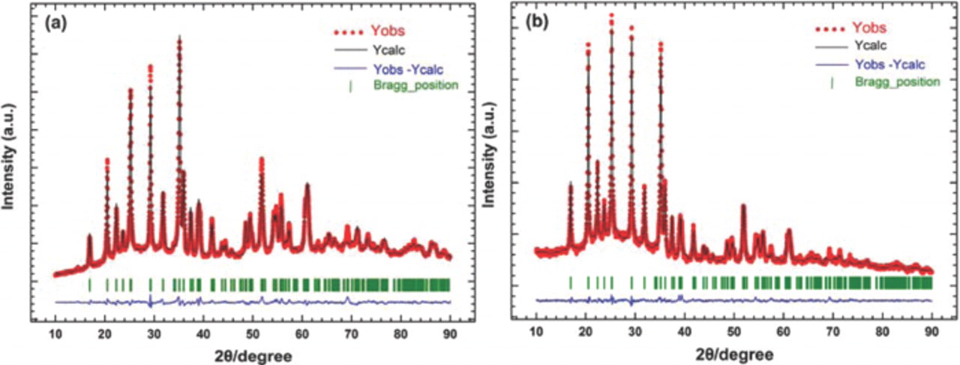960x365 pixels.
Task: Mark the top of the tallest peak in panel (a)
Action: click(179, 36)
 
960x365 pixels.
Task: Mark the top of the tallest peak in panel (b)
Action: click(611, 14)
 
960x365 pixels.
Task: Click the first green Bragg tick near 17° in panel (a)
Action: click(90, 284)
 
